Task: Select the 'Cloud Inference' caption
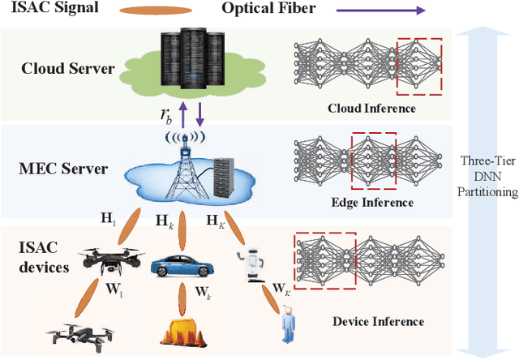click(x=371, y=108)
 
